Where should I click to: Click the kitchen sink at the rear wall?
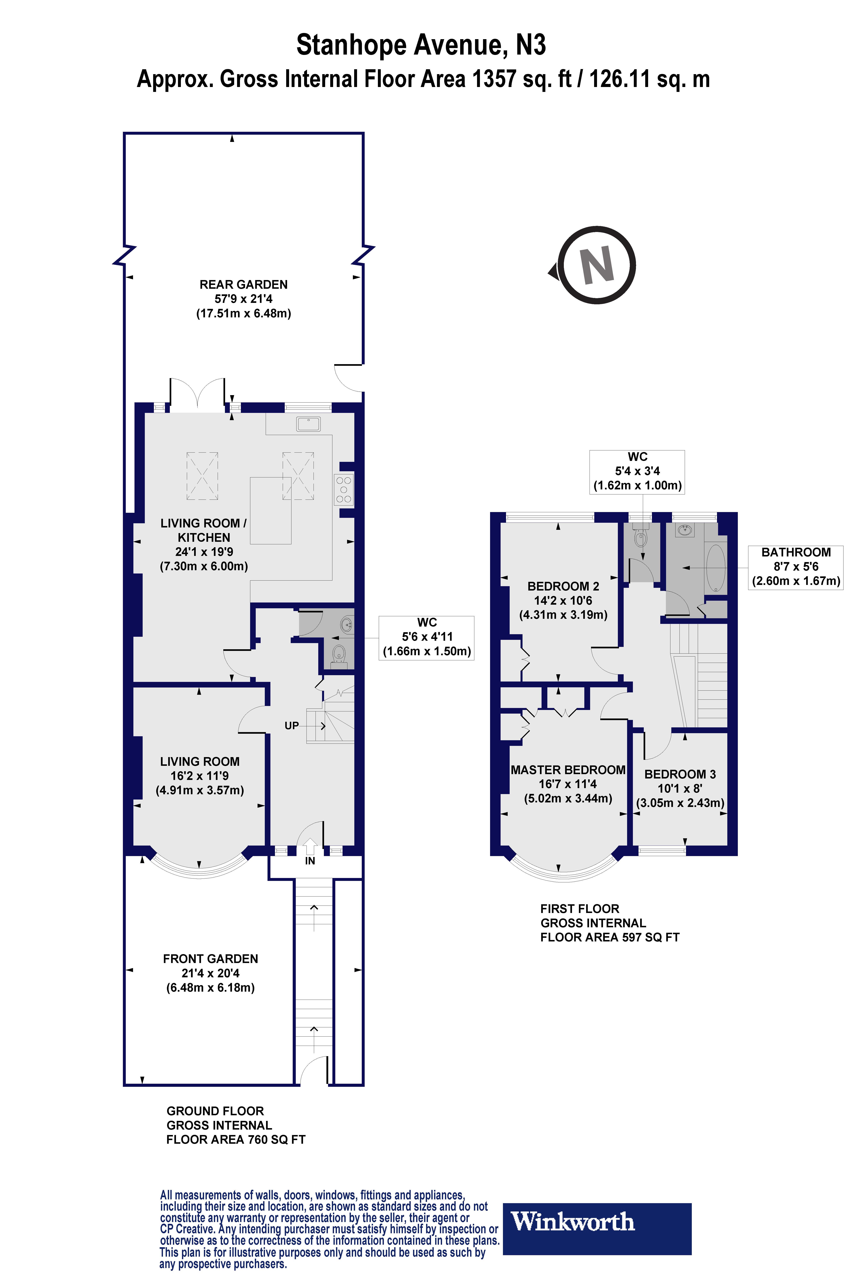pyautogui.click(x=308, y=424)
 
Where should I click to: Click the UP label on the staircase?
pyautogui.click(x=291, y=726)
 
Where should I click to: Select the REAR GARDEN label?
pyautogui.click(x=243, y=284)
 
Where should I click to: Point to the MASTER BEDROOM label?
pyautogui.click(x=568, y=770)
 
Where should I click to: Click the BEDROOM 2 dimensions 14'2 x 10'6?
pyautogui.click(x=563, y=600)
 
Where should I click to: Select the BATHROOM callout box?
pyautogui.click(x=795, y=567)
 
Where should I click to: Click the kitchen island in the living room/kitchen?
pyautogui.click(x=271, y=510)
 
